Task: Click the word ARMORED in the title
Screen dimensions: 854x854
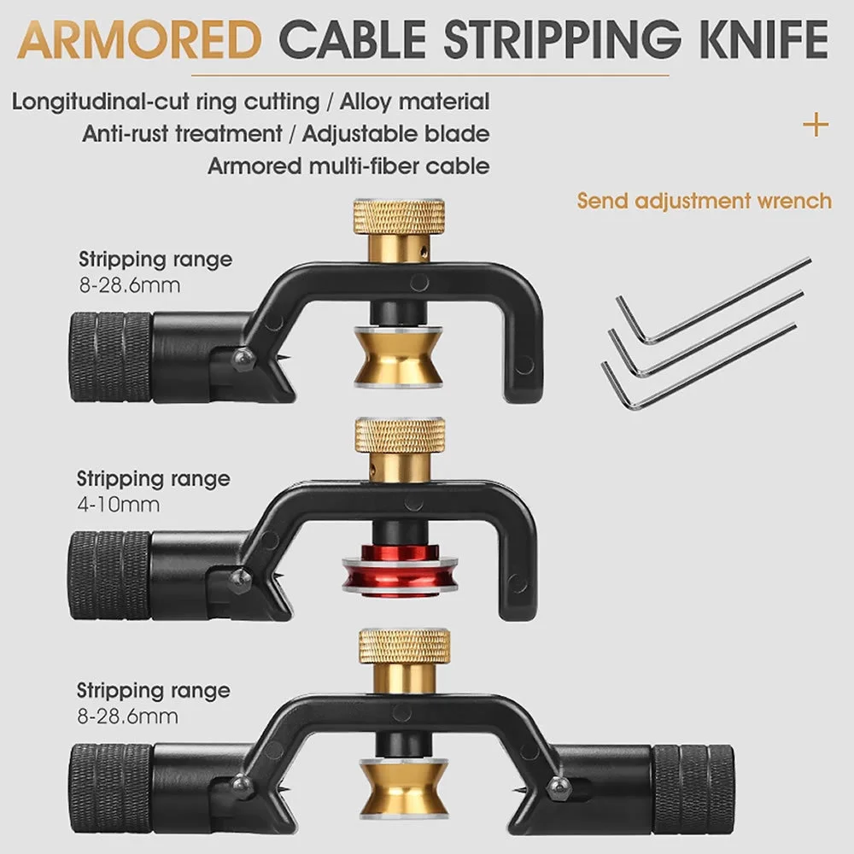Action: click(142, 40)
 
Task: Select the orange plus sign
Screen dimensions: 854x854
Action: click(816, 126)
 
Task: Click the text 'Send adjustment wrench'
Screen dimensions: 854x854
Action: click(704, 202)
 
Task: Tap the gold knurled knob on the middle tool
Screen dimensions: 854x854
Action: click(400, 437)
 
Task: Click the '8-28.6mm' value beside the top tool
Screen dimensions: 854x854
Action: click(130, 284)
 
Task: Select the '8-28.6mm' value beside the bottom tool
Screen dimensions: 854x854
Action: click(128, 716)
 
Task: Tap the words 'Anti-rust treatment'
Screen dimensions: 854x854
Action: click(182, 133)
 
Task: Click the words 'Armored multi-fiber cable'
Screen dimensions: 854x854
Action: click(348, 165)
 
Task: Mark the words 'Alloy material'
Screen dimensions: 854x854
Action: click(415, 102)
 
